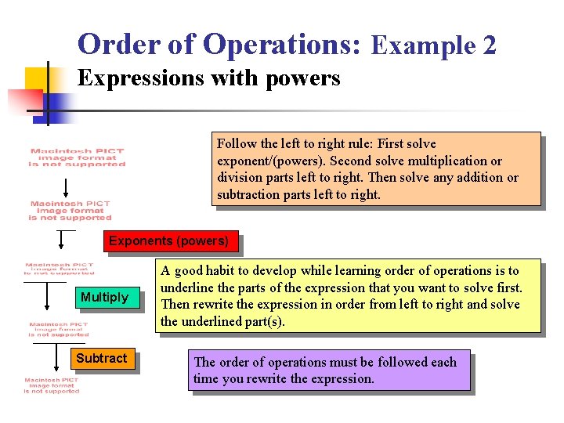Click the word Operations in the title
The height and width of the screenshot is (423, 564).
coord(280,45)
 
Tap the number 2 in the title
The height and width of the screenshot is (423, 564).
coord(489,46)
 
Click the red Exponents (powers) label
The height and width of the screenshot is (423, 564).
coord(168,241)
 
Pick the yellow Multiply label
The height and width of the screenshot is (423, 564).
coord(104,297)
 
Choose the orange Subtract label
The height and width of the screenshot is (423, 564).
coord(101,358)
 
